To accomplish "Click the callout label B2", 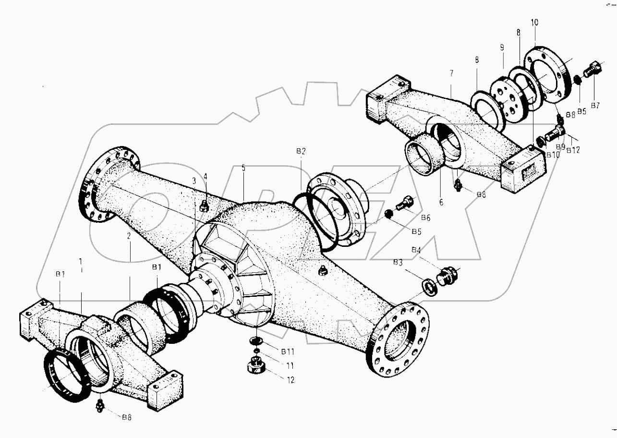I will [x=301, y=151].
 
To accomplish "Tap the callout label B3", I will [x=398, y=263].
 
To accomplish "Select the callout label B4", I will [x=416, y=250].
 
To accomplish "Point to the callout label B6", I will [x=425, y=218].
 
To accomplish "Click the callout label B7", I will [x=595, y=105].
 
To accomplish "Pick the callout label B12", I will [x=573, y=150].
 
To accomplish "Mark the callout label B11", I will [x=288, y=352].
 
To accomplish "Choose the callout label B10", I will [x=552, y=155].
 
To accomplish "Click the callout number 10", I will [x=534, y=23].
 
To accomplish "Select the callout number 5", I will [x=243, y=168].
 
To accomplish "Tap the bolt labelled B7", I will [x=590, y=71].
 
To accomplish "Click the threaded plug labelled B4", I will [x=448, y=278].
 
